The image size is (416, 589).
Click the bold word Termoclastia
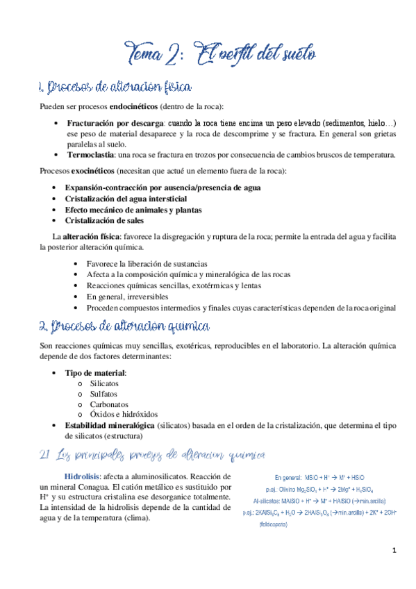pos(89,155)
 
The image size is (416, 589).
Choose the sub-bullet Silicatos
pos(104,383)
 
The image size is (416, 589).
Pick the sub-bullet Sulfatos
pos(103,394)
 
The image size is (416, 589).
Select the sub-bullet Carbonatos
pos(108,404)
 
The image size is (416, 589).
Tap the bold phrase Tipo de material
pos(95,373)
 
